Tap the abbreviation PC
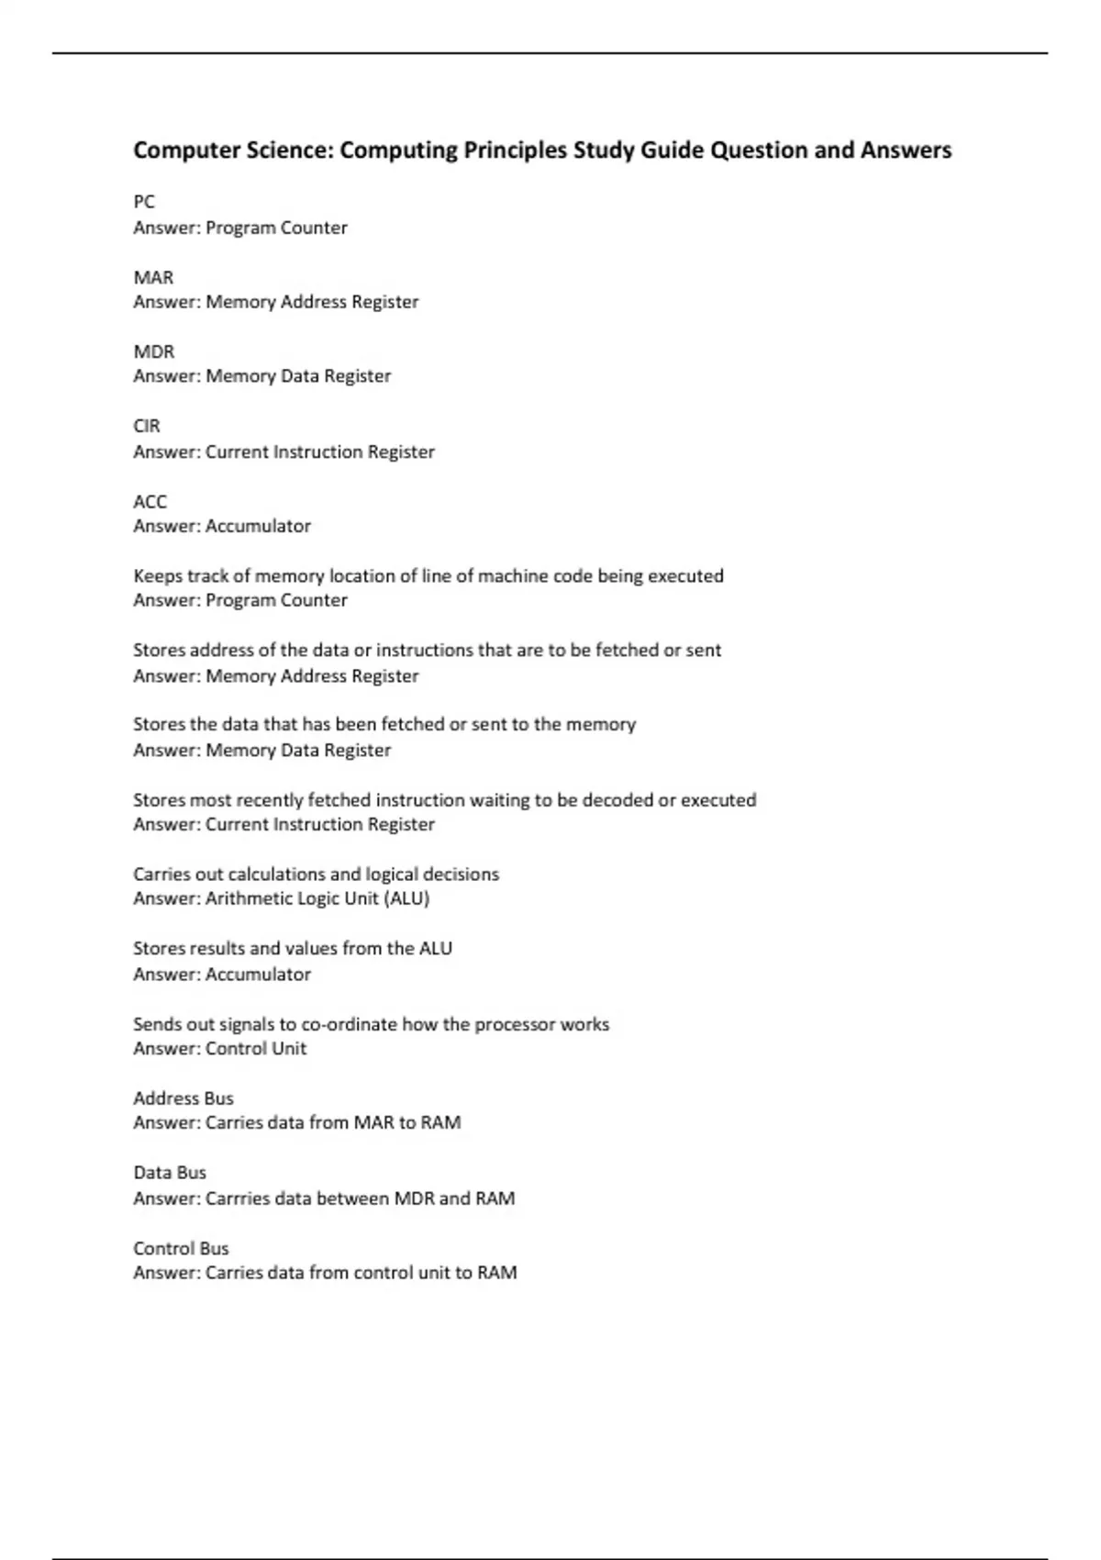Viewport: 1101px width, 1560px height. [144, 202]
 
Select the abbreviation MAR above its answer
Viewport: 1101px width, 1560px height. [153, 277]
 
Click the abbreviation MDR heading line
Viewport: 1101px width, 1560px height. [153, 351]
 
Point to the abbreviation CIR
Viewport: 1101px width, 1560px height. [147, 426]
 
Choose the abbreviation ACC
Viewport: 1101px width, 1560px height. [150, 502]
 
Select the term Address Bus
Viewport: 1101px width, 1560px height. [183, 1098]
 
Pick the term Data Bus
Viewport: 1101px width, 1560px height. [170, 1173]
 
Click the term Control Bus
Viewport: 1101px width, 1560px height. [181, 1248]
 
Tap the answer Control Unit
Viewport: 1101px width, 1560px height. [256, 1049]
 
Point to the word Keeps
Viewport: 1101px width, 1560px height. [158, 576]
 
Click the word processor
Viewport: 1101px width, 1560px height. [517, 1024]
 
